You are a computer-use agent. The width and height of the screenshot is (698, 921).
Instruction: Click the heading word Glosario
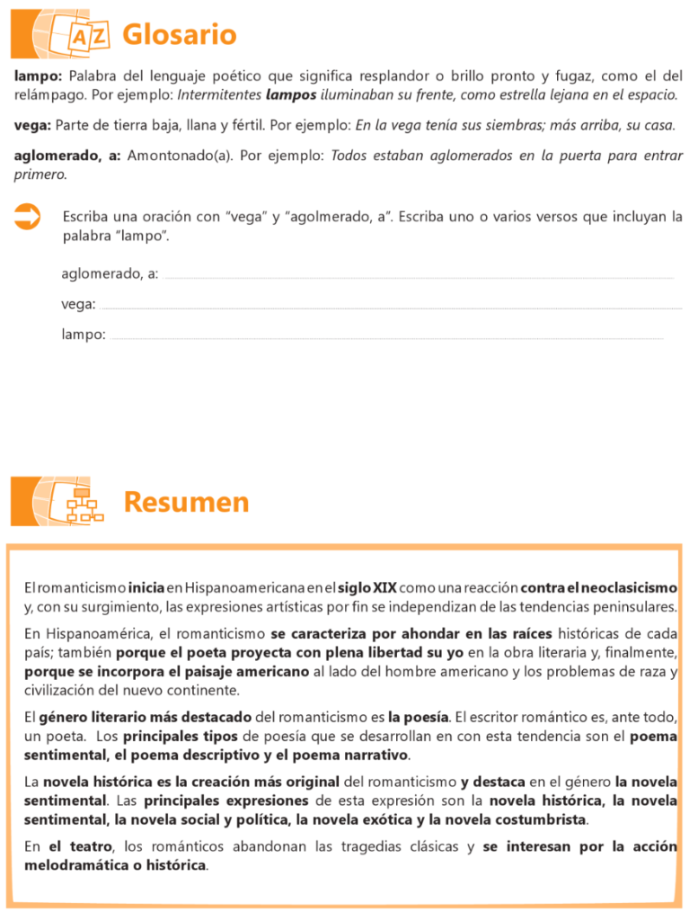click(179, 35)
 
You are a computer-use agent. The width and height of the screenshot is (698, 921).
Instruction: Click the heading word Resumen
click(186, 502)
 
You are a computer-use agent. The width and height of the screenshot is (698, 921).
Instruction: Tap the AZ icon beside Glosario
click(89, 36)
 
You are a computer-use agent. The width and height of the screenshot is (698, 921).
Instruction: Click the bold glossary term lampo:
click(38, 76)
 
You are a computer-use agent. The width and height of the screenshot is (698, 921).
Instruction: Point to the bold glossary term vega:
click(32, 125)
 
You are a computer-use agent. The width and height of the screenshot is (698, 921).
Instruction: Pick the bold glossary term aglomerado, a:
click(67, 156)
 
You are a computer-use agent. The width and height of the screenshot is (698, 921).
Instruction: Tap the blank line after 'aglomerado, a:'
click(419, 276)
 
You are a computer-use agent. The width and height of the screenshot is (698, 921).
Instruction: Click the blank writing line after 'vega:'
click(392, 307)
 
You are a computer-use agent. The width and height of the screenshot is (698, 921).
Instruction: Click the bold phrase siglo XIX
click(367, 587)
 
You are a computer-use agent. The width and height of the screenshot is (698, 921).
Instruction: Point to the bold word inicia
click(146, 587)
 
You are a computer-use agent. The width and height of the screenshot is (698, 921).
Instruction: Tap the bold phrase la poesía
click(418, 718)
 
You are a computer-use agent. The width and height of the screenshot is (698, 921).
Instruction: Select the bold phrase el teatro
click(81, 846)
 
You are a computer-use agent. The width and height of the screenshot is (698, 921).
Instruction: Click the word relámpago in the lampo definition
click(49, 94)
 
